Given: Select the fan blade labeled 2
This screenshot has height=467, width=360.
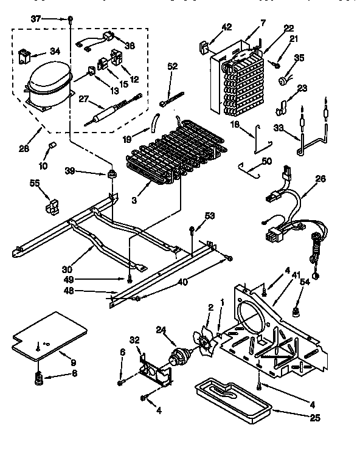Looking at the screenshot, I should [205, 337].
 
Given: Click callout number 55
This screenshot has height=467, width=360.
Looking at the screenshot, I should [35, 182].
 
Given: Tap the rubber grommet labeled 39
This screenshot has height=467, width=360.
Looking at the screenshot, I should [111, 176].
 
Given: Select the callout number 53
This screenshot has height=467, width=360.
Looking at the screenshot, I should [210, 216].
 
